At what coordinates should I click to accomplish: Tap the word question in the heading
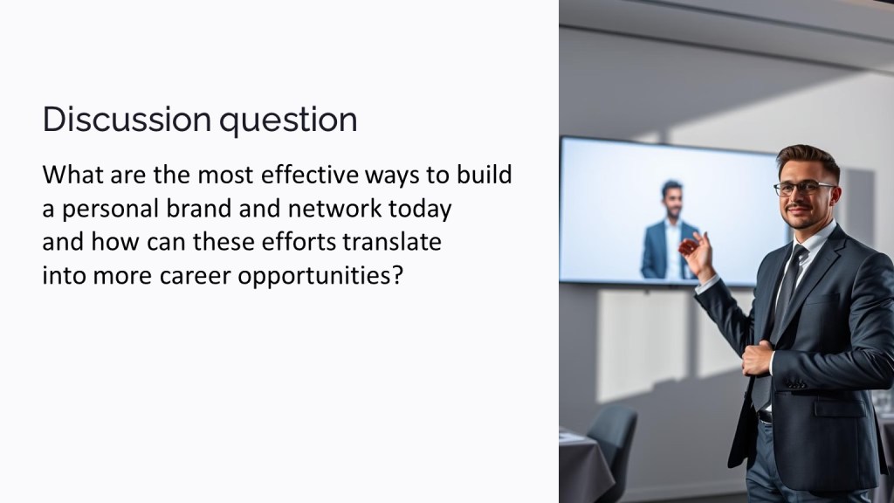pyautogui.click(x=288, y=121)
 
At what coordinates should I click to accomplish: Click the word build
pyautogui.click(x=484, y=175)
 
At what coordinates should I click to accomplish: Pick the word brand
pyautogui.click(x=200, y=208)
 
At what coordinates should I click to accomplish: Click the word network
pyautogui.click(x=334, y=208)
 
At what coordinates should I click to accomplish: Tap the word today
pyautogui.click(x=420, y=210)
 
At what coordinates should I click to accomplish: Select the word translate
pyautogui.click(x=392, y=242)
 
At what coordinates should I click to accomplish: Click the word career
pyautogui.click(x=195, y=276)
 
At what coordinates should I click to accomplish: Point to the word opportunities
pyautogui.click(x=320, y=277)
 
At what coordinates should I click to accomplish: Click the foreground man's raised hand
pyautogui.click(x=697, y=254)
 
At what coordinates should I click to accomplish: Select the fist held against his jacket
pyautogui.click(x=757, y=357)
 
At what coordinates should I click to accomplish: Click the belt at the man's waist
pyautogui.click(x=764, y=417)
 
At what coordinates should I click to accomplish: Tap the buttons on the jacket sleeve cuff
pyautogui.click(x=796, y=384)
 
